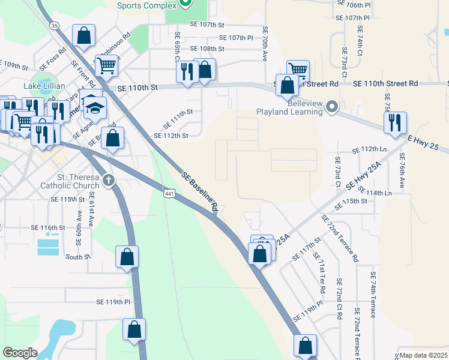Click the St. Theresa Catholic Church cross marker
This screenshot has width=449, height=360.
pos(108,180)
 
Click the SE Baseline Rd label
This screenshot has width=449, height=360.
pos(200,190)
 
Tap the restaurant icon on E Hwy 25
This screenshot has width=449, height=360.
pos(396,123)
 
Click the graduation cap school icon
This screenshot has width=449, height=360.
pos(94,107)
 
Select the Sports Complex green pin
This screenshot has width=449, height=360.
pos(185,4)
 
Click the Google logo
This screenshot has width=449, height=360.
pos(20,353)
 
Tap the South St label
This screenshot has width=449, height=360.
pos(77,257)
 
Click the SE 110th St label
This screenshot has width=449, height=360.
pos(137,88)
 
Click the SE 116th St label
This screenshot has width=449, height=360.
pos(47,228)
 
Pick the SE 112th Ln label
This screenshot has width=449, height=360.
pos(376,149)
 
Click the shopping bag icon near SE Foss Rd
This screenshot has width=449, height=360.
pos(84,35)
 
